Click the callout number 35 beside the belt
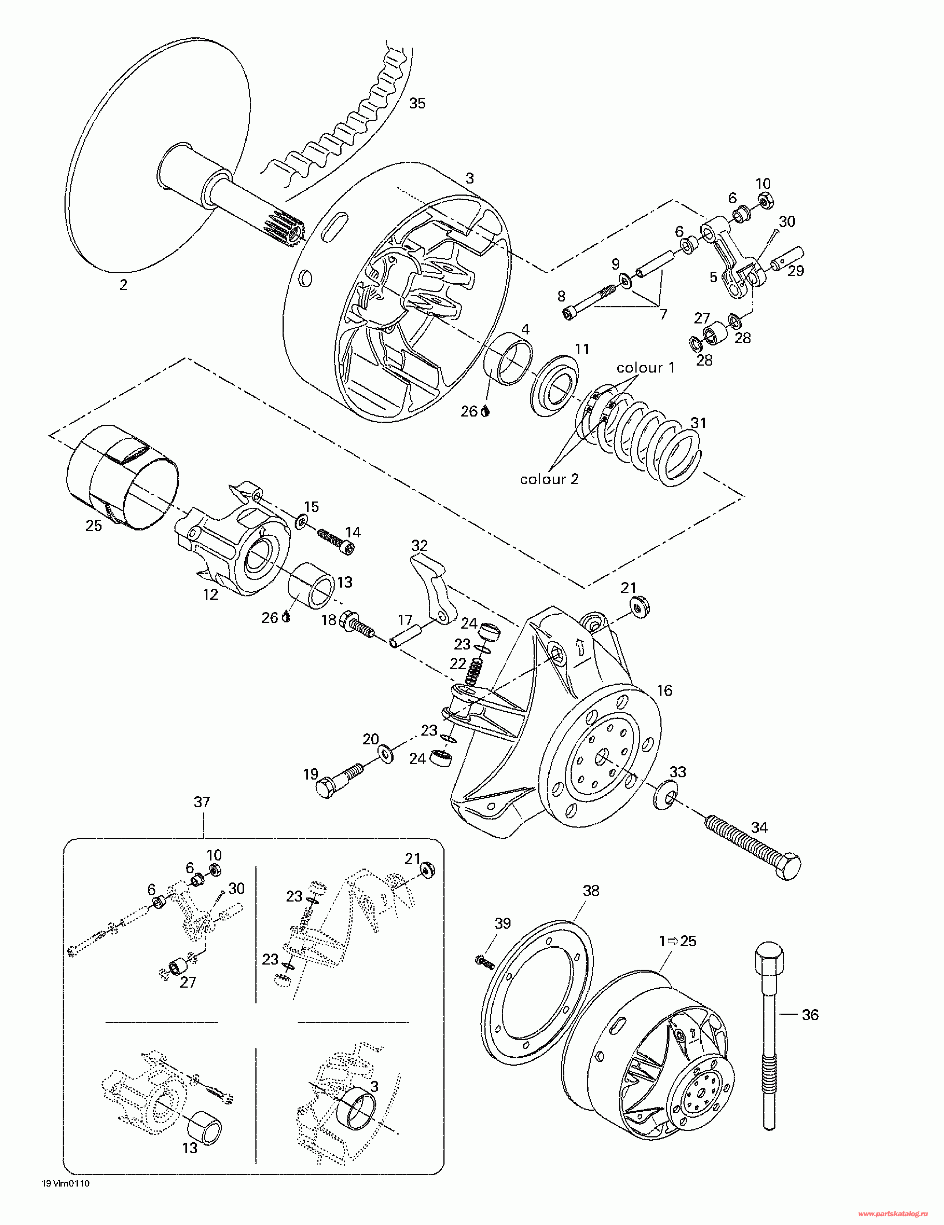tap(417, 103)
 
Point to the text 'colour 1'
tap(645, 368)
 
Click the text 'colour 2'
tap(549, 479)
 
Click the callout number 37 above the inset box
tap(202, 802)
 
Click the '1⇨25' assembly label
tap(678, 941)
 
